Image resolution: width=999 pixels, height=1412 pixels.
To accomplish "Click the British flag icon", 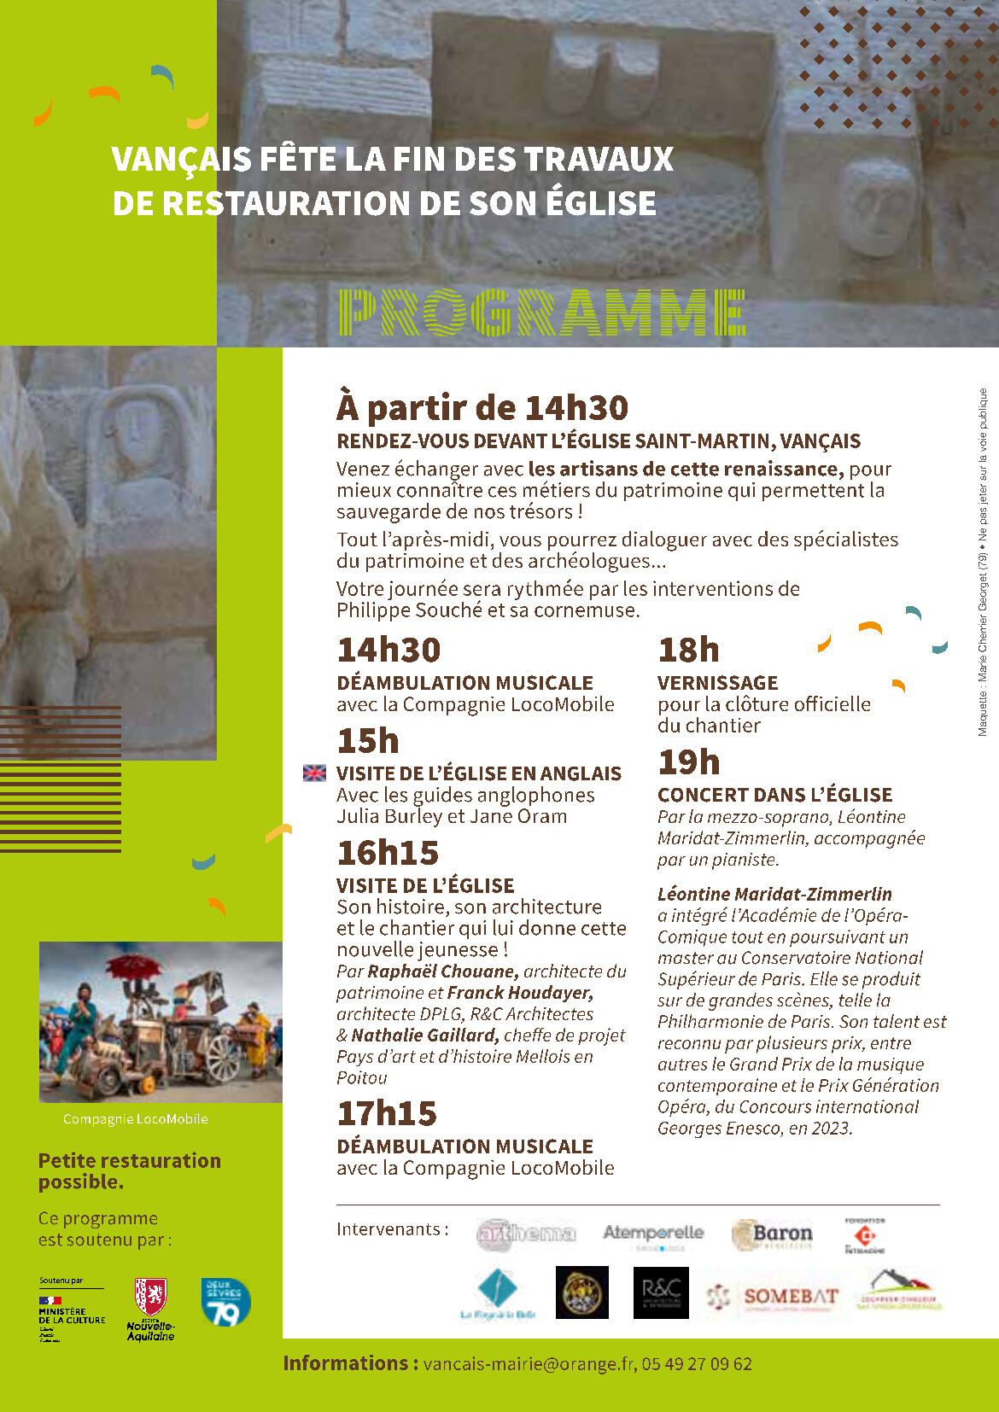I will point(314,773).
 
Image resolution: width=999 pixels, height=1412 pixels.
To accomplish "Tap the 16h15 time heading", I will point(388,853).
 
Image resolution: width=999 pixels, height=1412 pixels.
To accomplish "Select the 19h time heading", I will point(689,761).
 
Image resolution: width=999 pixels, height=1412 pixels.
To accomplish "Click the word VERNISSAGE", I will point(717,683).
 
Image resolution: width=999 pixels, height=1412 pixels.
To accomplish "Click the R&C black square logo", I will point(661,1292).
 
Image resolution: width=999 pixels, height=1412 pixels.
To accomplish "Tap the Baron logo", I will point(773,1234).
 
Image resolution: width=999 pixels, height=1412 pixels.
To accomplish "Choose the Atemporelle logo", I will point(653,1234).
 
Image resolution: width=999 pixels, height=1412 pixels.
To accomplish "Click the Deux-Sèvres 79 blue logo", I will point(225,1302).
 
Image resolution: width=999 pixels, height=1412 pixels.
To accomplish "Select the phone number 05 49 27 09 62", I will point(697,1364).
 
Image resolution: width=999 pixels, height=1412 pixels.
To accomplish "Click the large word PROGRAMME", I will point(541,312).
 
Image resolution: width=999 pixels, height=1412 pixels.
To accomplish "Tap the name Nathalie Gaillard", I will point(424,1036).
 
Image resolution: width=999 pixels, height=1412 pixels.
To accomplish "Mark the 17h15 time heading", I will point(387,1113).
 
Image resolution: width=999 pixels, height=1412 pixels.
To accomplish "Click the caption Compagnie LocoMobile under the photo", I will point(136,1119).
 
